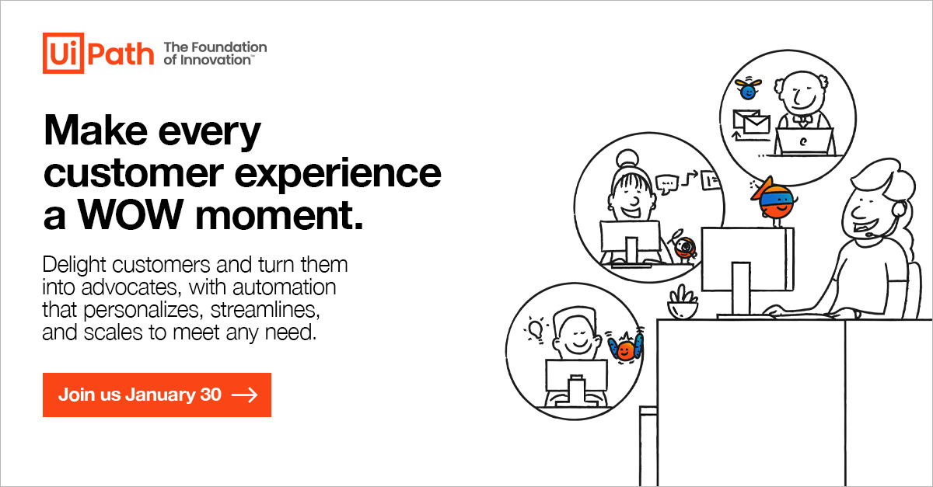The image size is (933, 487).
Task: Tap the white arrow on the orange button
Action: coord(245,395)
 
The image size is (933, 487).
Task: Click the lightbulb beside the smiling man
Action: coord(536,329)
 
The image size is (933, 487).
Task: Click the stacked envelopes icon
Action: coord(751,123)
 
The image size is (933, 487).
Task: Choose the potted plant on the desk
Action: coord(683,303)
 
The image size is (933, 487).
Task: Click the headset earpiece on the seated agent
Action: coord(899,210)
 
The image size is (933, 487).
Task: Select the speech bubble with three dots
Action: coord(667,184)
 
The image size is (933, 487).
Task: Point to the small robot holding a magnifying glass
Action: coord(684,246)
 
